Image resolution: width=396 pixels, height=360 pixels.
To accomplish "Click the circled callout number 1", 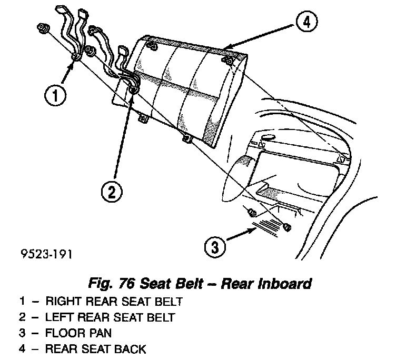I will (55, 96).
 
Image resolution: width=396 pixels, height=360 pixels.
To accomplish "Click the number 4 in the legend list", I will (22, 348).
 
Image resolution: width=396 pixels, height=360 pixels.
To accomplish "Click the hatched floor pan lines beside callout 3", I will (265, 226).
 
